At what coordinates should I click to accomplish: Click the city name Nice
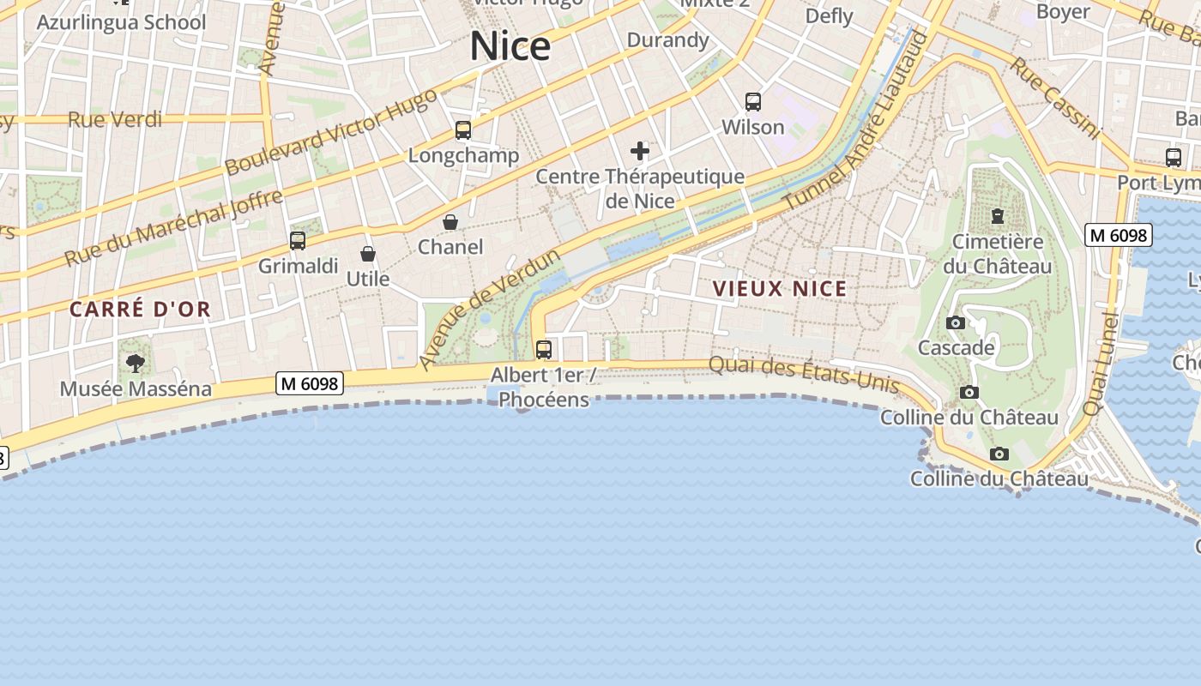point(510,45)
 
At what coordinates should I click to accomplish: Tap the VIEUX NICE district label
point(780,289)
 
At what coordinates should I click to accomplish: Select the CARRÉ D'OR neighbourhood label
point(140,310)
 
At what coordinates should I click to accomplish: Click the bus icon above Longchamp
point(463,130)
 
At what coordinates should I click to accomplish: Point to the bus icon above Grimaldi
point(298,241)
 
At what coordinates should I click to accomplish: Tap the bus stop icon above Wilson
point(753,102)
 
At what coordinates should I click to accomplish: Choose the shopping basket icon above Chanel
point(450,223)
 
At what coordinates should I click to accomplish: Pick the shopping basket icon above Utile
point(368,254)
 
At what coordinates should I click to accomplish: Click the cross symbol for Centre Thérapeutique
point(640,152)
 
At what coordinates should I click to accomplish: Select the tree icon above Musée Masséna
point(136,364)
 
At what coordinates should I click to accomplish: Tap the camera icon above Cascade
point(956,323)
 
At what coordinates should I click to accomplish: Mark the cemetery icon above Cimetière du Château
point(998,216)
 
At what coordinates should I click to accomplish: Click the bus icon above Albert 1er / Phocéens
point(544,350)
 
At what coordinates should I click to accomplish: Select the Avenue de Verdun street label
point(490,310)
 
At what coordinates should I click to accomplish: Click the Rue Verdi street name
point(115,119)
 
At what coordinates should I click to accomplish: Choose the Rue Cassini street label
point(1054,98)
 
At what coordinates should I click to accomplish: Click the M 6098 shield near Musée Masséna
point(310,383)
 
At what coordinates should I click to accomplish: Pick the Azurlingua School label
point(121,21)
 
